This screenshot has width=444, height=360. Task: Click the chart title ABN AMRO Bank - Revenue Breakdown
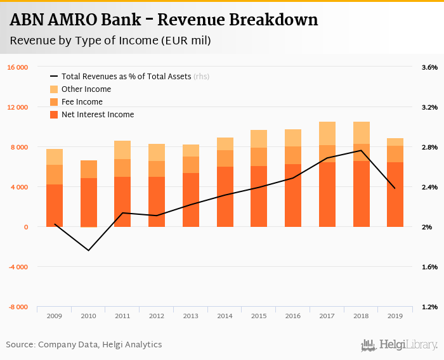tap(164, 20)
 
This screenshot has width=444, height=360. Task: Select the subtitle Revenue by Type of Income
tap(110, 41)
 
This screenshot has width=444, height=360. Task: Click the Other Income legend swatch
tap(54, 89)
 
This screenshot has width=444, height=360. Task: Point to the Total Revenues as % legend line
tap(54, 77)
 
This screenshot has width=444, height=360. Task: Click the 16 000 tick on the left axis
tap(18, 67)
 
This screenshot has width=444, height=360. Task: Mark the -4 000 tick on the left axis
tap(18, 267)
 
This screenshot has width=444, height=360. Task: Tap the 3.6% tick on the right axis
tap(429, 67)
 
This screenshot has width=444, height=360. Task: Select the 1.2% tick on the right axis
tap(429, 307)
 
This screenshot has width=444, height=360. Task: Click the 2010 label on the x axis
tap(88, 316)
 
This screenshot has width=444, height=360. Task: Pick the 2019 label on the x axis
tap(395, 316)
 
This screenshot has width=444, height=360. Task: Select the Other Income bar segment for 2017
tap(327, 133)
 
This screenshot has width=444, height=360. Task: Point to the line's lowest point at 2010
tap(89, 250)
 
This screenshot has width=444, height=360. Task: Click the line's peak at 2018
tap(361, 150)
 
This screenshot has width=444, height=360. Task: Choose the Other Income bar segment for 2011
tap(122, 150)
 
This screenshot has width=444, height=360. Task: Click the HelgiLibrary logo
tap(399, 345)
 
